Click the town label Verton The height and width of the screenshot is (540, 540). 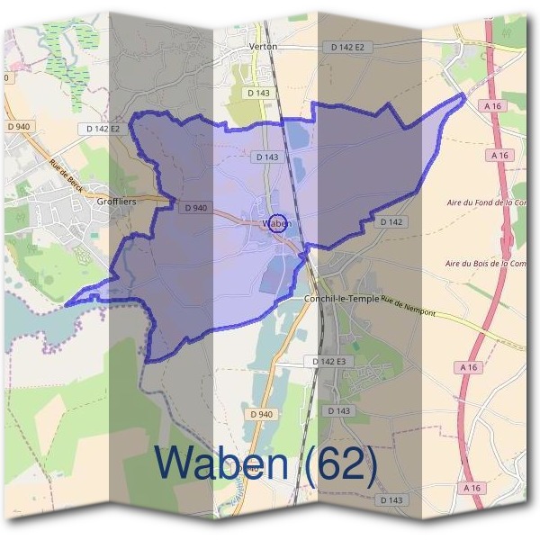[x=263, y=45]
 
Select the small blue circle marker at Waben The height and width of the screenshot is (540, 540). [x=278, y=223]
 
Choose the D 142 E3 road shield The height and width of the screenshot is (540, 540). [x=324, y=361]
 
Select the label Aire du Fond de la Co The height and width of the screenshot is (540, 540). [x=485, y=203]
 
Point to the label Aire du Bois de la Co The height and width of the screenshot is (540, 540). [x=486, y=264]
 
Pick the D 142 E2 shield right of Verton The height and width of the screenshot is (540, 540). [x=346, y=46]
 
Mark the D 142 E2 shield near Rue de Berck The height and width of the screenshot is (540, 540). [x=103, y=129]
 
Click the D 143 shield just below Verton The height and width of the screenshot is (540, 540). [x=258, y=92]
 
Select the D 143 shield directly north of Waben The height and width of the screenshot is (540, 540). [x=266, y=157]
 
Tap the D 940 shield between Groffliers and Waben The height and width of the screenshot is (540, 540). [x=196, y=207]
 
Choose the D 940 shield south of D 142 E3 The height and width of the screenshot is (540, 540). [x=261, y=414]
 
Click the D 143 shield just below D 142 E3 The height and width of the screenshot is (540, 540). [x=338, y=411]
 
